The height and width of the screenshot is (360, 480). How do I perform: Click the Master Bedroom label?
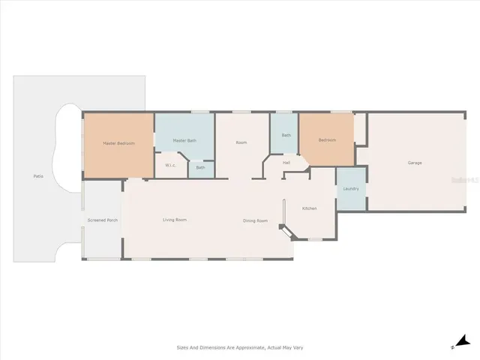[x=118, y=143]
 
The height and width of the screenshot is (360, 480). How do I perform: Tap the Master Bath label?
[x=184, y=140]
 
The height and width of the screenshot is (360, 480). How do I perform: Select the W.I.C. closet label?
[x=170, y=166]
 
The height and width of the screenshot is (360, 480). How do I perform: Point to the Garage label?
[x=414, y=163]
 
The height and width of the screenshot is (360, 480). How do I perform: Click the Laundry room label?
[x=351, y=188]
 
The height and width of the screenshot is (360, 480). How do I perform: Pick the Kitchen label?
[x=310, y=208]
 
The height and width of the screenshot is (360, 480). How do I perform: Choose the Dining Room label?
[x=255, y=220]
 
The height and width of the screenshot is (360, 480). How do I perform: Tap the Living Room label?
[x=175, y=220]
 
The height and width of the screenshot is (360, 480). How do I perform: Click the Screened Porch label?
[x=102, y=220]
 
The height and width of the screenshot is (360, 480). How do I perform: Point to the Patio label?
[x=37, y=176]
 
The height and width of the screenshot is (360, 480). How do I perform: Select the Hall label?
[x=286, y=162]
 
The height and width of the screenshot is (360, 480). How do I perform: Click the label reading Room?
[x=241, y=142]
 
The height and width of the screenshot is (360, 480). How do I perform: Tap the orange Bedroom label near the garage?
[x=327, y=139]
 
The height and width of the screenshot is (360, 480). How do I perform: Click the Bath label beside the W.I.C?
[x=200, y=167]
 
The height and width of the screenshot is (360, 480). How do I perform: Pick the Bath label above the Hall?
[x=286, y=135]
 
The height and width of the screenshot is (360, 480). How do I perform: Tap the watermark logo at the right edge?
[x=468, y=181]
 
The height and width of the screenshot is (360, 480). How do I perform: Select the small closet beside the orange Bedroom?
[x=361, y=129]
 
